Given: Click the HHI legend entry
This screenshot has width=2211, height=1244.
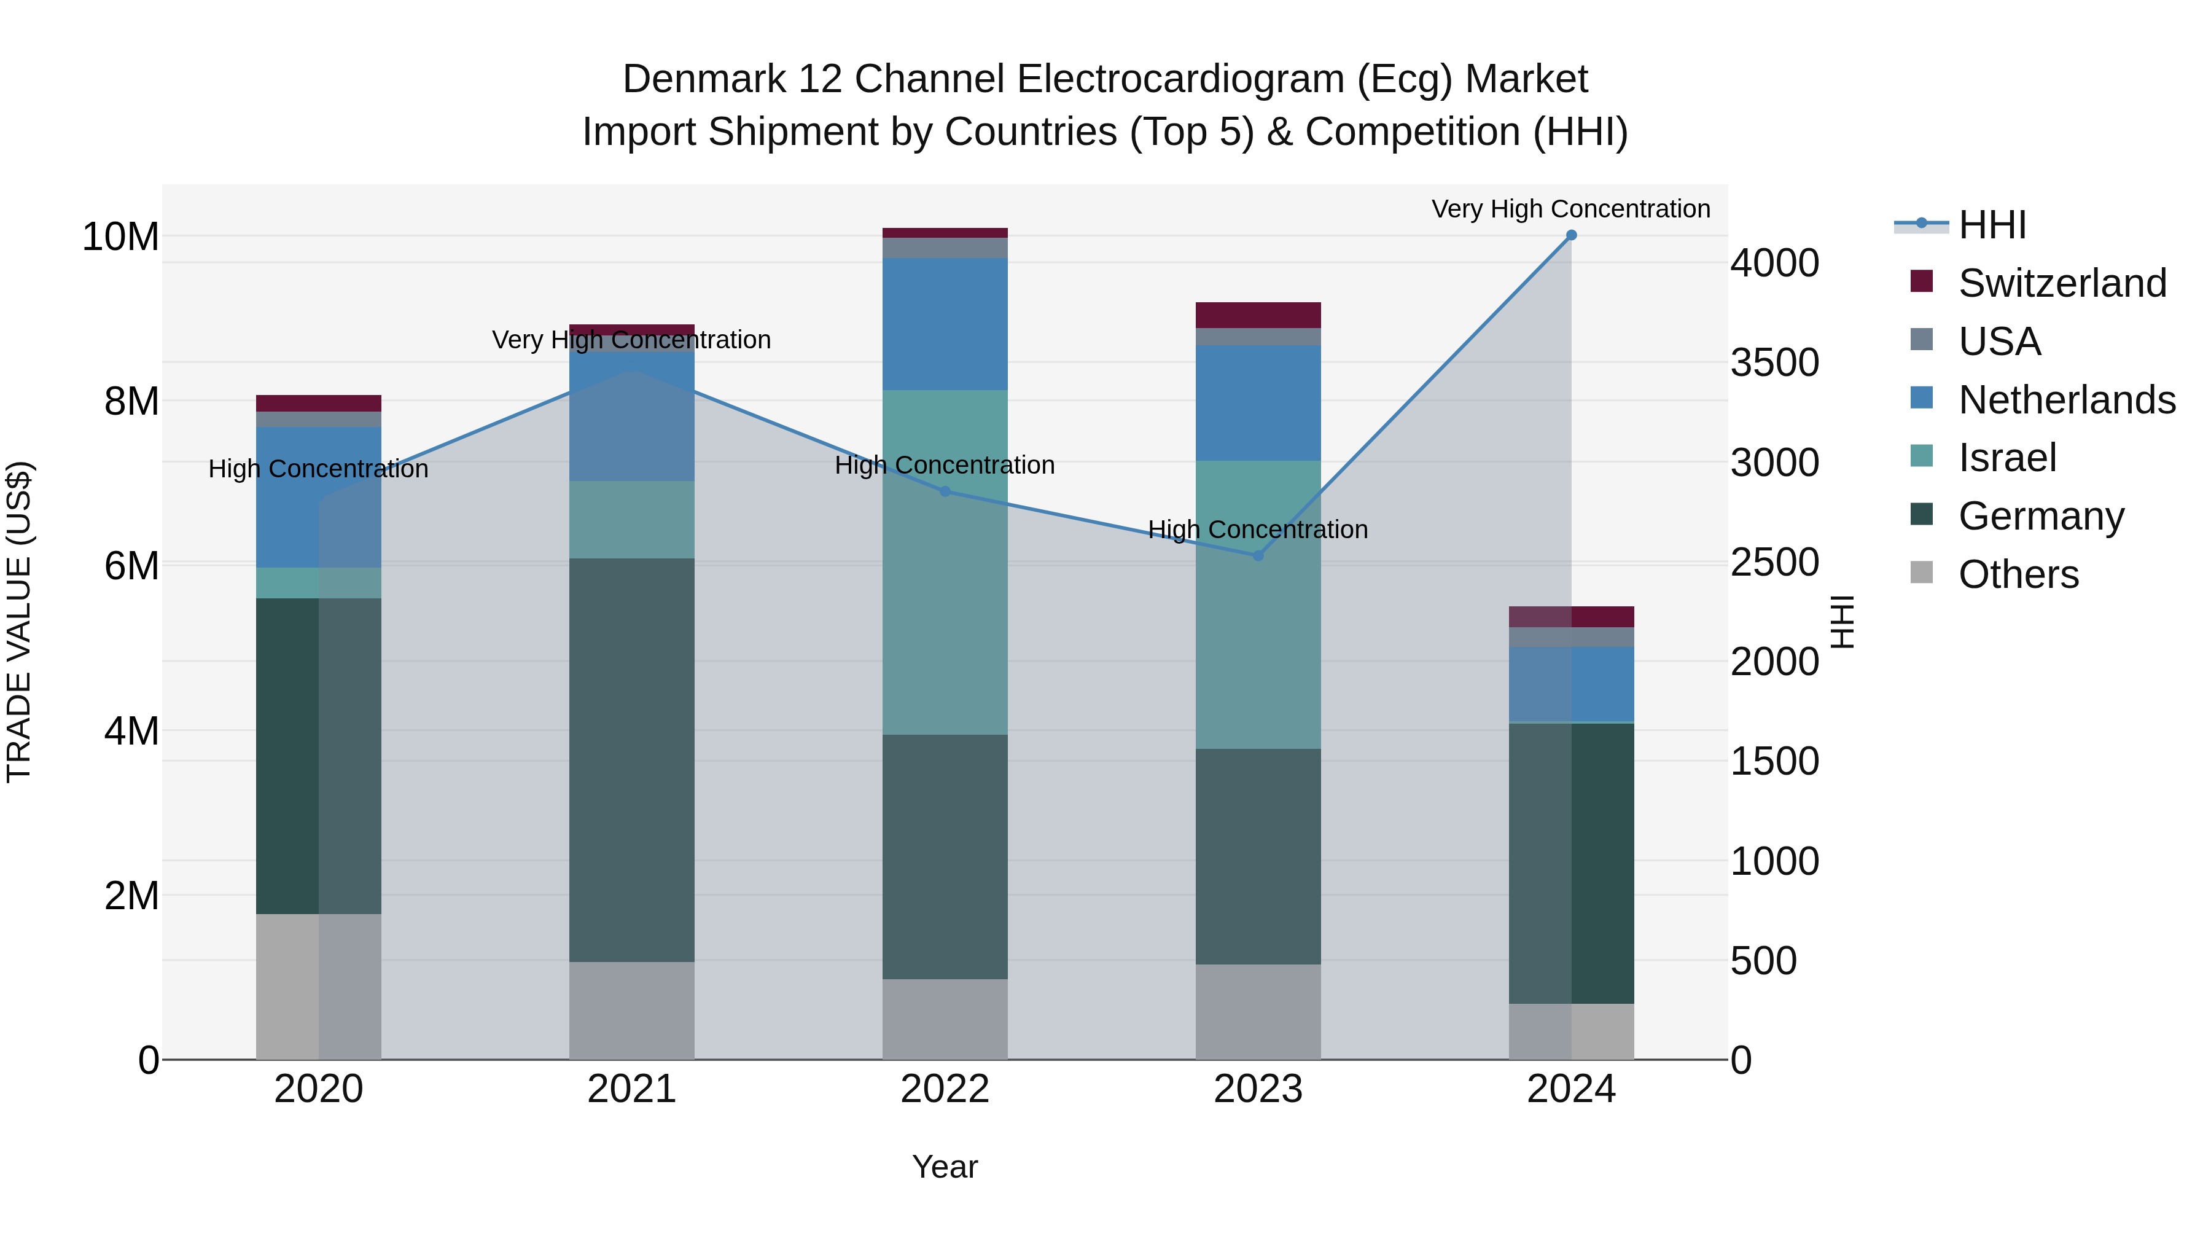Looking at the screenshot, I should pos(1991,225).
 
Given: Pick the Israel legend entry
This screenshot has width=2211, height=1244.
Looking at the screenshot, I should pos(2006,458).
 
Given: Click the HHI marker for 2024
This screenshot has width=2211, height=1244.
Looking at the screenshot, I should pos(1572,235).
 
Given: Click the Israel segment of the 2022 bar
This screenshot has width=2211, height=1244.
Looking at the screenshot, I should pos(945,562).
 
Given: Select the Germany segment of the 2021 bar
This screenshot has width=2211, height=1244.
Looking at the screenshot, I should pos(632,760).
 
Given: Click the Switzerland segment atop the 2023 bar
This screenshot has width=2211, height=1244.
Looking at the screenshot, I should pos(1258,315).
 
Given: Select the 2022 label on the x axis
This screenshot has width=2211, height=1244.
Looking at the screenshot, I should pos(945,1089).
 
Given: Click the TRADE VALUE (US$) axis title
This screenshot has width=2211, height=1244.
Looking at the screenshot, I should pos(19,622).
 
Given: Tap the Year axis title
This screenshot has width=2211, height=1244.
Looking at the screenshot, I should pos(945,1167).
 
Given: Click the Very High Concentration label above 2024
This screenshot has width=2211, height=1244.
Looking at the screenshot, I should pos(1570,209).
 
